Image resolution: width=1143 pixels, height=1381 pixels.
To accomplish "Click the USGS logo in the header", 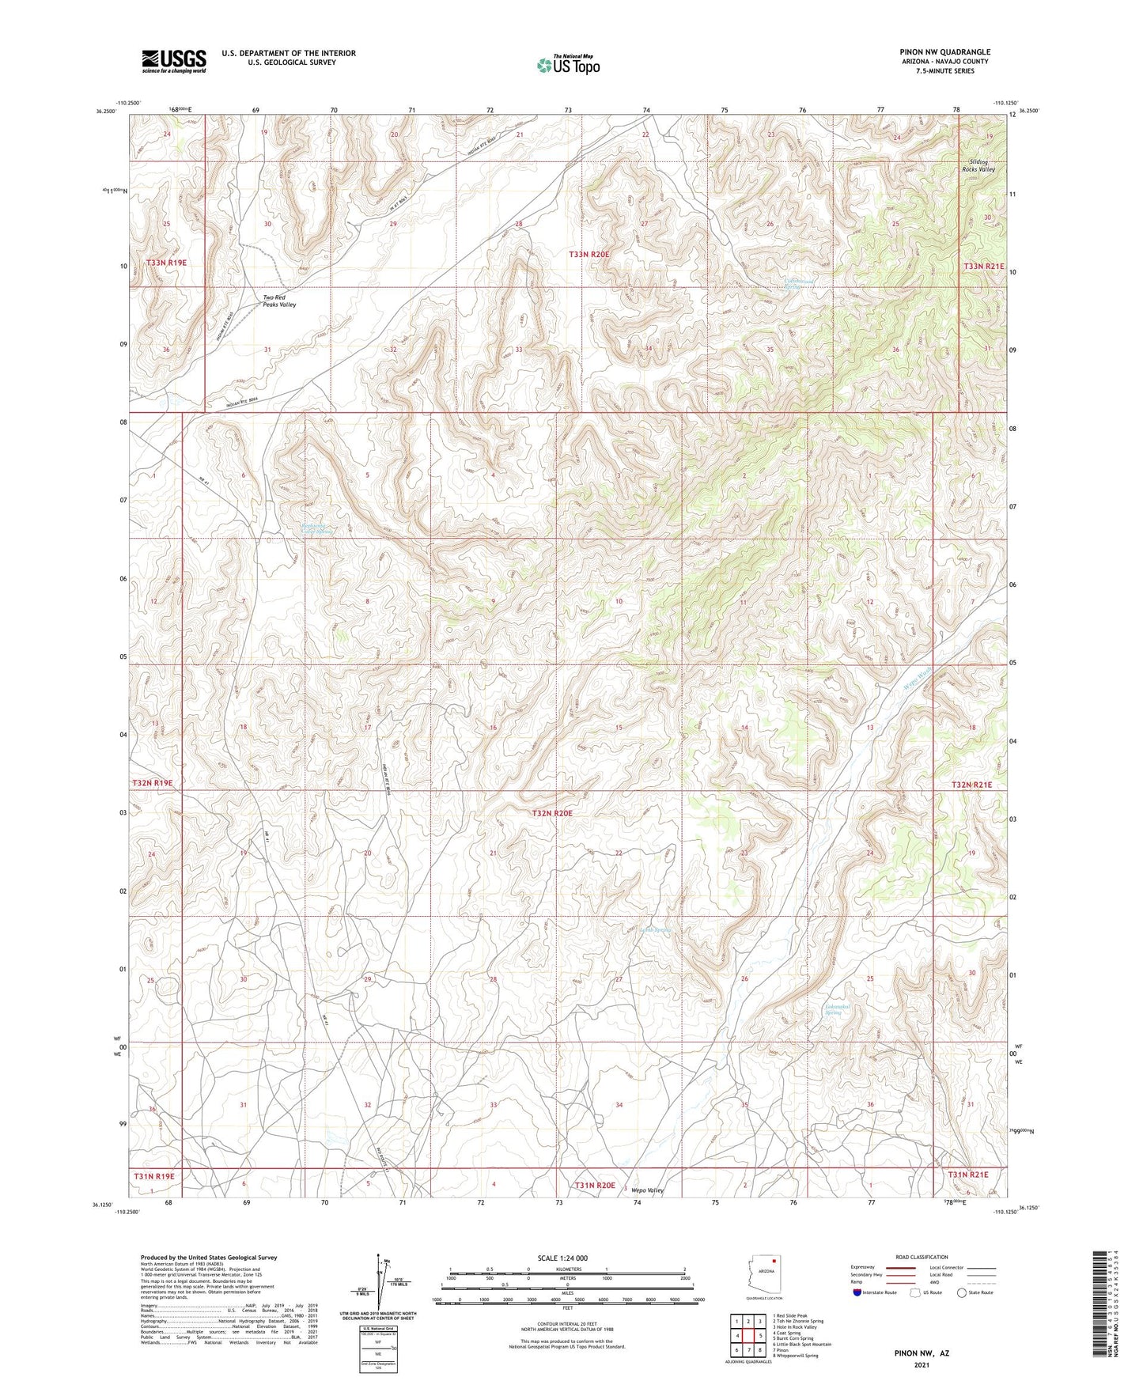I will point(174,61).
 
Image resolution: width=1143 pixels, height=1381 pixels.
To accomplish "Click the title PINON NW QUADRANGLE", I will point(944,52).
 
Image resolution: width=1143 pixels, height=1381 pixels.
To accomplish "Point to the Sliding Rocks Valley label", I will point(978,165).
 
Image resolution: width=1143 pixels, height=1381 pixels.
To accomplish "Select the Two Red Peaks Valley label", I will point(279,301).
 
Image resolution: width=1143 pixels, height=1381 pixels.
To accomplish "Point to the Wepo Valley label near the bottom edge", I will point(646,1190).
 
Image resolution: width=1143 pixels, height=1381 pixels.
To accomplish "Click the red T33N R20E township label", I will point(589,254).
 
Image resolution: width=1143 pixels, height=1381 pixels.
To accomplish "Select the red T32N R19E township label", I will point(152,782).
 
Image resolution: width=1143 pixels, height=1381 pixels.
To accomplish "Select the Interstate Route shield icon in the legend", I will point(857,1292).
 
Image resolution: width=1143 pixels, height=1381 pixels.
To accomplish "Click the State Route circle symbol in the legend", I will point(962,1292).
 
